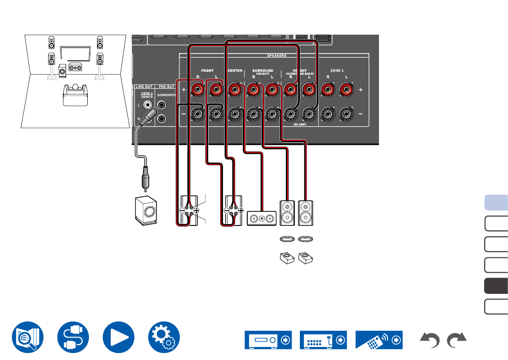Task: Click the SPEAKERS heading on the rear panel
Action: (277, 55)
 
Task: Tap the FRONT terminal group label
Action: (207, 71)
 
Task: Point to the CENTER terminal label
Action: (235, 71)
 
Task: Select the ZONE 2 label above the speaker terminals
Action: (336, 71)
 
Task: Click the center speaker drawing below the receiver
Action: (260, 218)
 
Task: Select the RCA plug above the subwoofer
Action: (145, 176)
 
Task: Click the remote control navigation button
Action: (379, 340)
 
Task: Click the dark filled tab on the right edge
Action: (496, 285)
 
